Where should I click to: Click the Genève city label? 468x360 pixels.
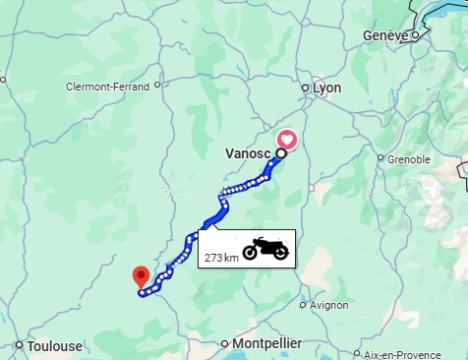(384, 35)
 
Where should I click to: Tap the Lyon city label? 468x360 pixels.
(326, 88)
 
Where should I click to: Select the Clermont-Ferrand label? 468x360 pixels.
(107, 87)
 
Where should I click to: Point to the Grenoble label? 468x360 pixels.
(409, 158)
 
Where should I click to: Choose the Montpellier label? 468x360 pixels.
(267, 343)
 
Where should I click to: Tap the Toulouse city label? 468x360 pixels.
(54, 345)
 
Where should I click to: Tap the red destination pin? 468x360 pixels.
(141, 275)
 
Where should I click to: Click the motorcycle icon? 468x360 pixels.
(265, 249)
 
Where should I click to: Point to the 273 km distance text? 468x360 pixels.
(221, 258)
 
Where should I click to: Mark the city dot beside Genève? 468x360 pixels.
(415, 35)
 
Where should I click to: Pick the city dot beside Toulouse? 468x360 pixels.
(20, 344)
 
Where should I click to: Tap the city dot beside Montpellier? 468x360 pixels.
(226, 343)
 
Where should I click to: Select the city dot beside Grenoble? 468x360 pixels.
(380, 157)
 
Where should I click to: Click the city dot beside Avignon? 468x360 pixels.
(304, 305)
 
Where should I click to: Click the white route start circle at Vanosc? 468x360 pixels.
(280, 153)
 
